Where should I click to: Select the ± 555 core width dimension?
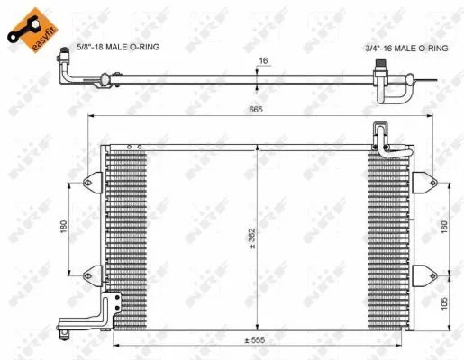[x=259, y=340]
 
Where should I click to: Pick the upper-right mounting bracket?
[x=423, y=184]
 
